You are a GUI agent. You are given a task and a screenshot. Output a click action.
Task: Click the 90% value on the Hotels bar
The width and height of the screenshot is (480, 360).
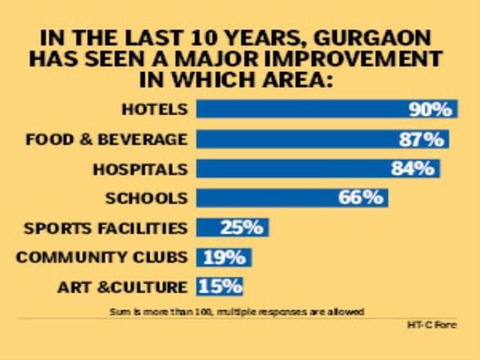(x=430, y=109)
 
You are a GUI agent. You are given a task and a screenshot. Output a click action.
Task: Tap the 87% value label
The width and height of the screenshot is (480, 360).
(x=421, y=139)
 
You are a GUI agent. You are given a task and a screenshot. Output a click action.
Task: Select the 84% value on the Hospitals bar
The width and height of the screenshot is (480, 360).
(x=412, y=168)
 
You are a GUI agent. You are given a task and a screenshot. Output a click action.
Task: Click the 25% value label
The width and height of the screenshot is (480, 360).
(x=241, y=227)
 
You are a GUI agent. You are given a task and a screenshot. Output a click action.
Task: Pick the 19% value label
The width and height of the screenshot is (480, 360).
(x=223, y=257)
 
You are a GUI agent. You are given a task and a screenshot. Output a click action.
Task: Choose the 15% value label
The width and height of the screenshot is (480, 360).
(x=220, y=286)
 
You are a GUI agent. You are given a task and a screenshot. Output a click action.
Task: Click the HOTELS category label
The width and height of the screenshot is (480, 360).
(x=154, y=109)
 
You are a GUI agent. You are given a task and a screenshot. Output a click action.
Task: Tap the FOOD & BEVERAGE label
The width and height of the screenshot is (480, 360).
(x=106, y=139)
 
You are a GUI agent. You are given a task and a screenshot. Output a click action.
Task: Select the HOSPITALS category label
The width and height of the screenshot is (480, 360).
(x=139, y=169)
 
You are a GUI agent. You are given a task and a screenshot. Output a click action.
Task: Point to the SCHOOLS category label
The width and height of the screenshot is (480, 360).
(x=145, y=199)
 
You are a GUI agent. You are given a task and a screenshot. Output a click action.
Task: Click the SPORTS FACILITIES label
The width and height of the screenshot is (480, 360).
(x=105, y=228)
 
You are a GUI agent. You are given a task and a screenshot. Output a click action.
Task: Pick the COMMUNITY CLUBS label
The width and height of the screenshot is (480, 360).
(x=101, y=257)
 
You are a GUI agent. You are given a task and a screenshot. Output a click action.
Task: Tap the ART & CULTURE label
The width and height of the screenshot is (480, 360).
(x=121, y=287)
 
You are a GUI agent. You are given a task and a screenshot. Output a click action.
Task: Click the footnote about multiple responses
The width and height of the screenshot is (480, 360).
(x=236, y=310)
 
